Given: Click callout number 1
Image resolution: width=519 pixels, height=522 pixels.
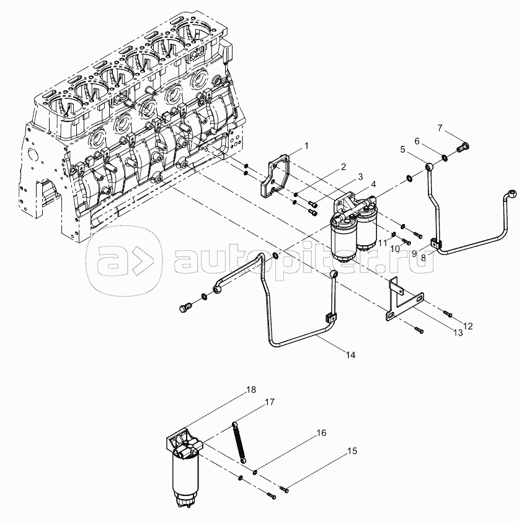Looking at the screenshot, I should point(306,146).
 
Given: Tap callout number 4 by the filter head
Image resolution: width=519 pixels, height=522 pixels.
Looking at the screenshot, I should point(373,183).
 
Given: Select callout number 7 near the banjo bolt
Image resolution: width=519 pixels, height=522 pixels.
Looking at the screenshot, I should point(440,128).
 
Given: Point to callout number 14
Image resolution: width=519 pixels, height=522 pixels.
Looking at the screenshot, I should point(350,354).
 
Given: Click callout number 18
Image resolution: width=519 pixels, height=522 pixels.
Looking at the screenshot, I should point(251,389).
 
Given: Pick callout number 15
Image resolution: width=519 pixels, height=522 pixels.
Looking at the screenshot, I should point(352,451).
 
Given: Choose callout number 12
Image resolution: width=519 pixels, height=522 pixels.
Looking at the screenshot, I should point(468,325).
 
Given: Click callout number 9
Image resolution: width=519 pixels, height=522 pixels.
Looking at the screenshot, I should point(415,253).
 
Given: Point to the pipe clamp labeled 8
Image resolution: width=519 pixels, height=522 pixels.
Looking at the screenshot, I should point(437,246).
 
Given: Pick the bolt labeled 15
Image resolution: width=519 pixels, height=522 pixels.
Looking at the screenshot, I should point(284,490).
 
